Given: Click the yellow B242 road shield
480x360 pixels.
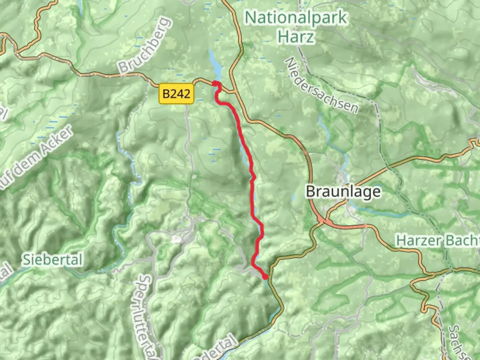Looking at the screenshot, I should (x=176, y=94).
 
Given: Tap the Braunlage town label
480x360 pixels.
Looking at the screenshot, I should (x=343, y=192).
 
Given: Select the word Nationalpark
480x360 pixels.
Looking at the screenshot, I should (x=296, y=17).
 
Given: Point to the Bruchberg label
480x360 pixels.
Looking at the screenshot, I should (x=145, y=45).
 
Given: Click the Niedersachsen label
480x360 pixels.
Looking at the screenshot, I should (x=321, y=85).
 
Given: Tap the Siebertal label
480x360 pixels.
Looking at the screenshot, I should (x=53, y=260).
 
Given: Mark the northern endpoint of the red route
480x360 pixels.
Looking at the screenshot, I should (x=215, y=83).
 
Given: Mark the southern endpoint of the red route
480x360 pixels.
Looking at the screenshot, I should (x=265, y=277).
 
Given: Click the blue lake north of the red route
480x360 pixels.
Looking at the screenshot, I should (x=215, y=65).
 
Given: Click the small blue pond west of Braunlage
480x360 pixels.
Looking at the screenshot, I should (x=294, y=198).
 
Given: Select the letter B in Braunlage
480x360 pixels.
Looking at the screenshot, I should (x=311, y=192).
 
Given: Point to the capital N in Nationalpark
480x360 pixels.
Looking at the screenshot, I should (x=250, y=17).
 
